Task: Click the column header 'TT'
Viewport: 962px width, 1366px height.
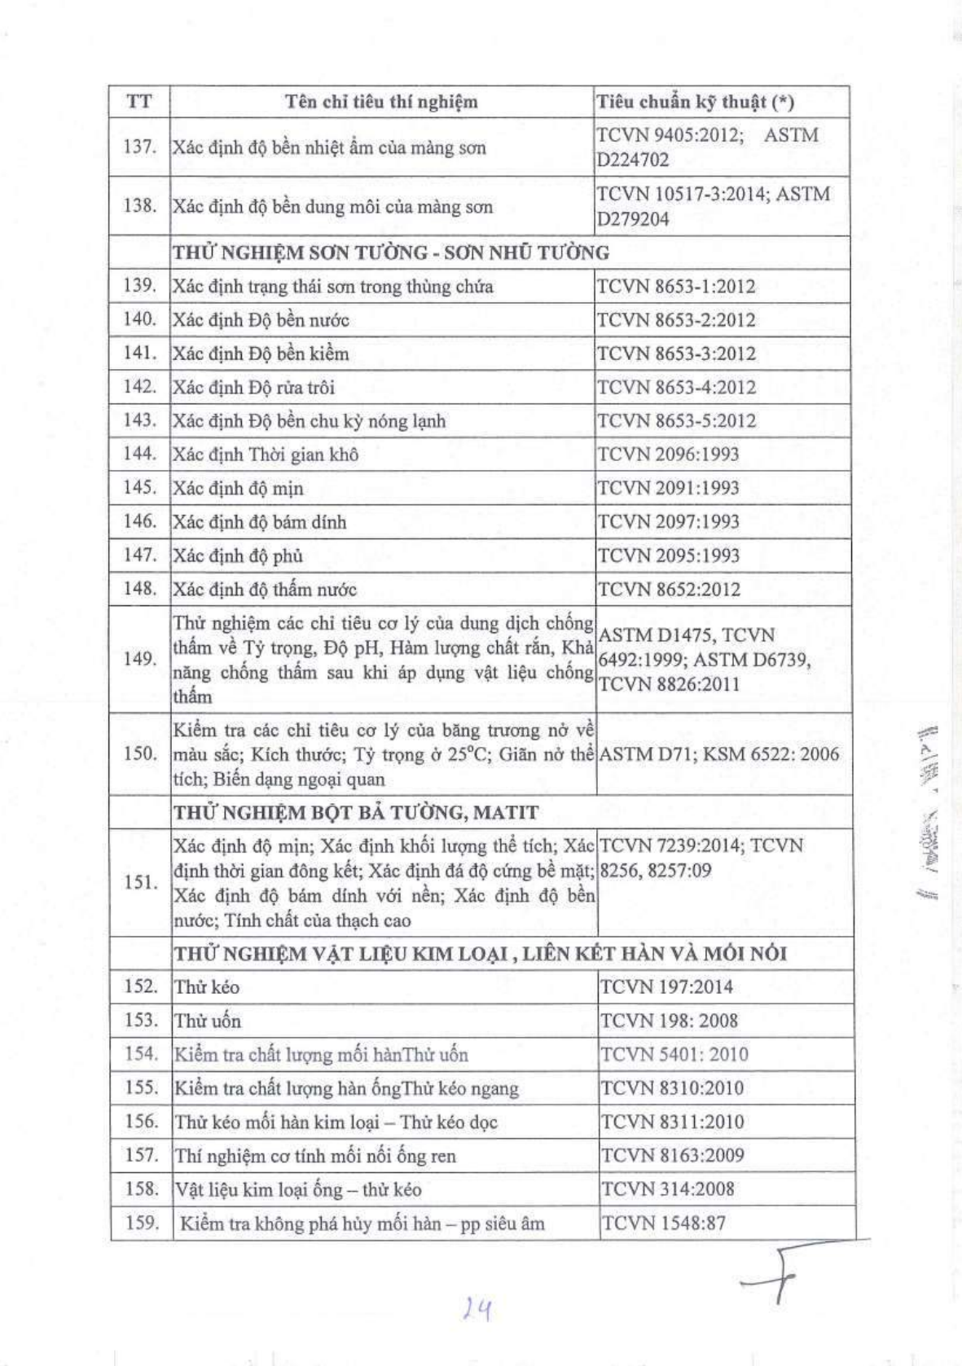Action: click(139, 102)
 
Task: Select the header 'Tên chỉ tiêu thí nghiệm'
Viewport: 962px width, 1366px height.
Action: click(381, 102)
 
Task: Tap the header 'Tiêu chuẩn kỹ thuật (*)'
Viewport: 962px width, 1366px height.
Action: click(695, 102)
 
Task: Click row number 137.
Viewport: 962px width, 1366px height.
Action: click(139, 147)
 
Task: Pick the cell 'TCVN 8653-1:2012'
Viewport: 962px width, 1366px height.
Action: click(676, 287)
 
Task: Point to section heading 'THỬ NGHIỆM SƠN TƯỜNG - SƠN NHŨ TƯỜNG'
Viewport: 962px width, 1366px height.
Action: click(391, 253)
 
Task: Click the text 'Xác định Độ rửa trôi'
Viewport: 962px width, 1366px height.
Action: click(253, 388)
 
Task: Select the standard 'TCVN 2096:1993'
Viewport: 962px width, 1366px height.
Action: click(668, 455)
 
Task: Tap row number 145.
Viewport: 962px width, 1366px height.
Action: click(139, 487)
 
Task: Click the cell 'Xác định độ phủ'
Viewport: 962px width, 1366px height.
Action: click(238, 556)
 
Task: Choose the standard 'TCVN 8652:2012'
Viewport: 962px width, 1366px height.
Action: click(669, 589)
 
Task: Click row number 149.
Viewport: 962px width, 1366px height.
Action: click(140, 658)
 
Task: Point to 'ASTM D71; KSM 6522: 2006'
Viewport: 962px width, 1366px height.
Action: click(718, 754)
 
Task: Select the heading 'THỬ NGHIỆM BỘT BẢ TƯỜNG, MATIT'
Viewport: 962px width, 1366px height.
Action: click(356, 813)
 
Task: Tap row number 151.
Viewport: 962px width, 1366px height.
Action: click(141, 882)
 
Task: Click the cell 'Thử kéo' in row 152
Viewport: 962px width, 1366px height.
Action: click(207, 987)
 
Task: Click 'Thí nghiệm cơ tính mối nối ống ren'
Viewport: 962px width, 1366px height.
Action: click(315, 1156)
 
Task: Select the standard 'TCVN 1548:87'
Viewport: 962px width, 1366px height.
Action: click(663, 1223)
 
